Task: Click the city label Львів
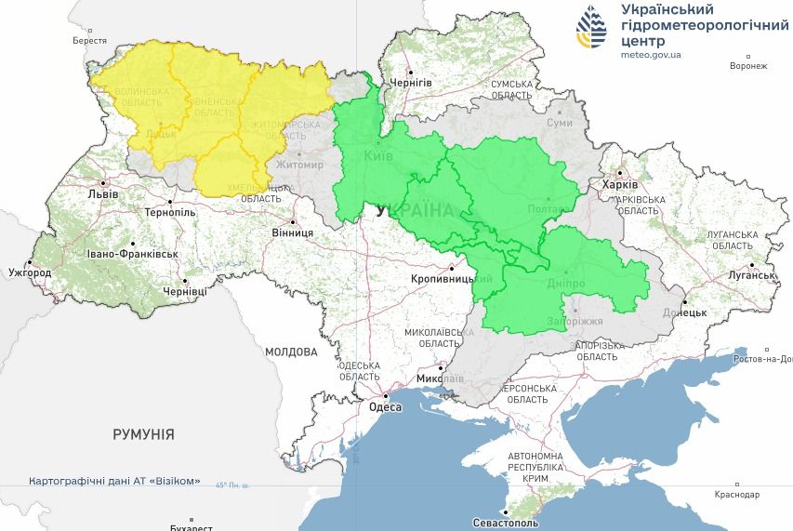tap(102, 194)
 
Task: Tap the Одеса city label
tap(385, 407)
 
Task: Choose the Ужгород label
tap(30, 273)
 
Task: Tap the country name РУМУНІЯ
tap(143, 434)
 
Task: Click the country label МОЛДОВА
tap(291, 352)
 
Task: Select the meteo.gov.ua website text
tap(651, 55)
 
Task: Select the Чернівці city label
tap(185, 291)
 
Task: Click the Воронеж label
tap(748, 66)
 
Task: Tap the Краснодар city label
tap(737, 495)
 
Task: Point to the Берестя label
tap(90, 41)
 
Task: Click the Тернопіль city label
tap(170, 212)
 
